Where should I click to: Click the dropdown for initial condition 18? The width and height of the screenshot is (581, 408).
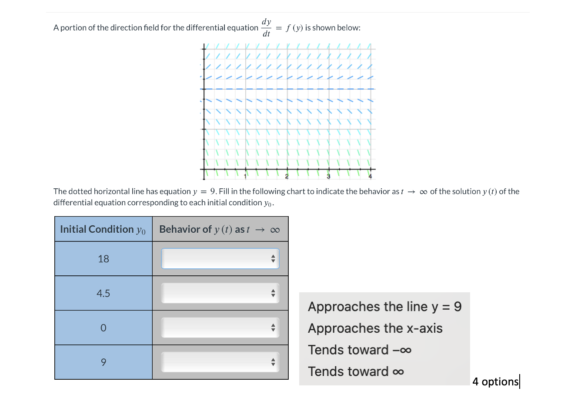coord(220,259)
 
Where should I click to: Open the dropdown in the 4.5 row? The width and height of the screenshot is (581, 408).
coord(220,293)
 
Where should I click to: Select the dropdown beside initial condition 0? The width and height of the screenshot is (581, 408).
coord(220,328)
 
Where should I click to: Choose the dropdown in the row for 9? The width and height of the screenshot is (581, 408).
coord(220,362)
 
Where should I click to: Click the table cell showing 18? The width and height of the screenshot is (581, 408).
coord(104,259)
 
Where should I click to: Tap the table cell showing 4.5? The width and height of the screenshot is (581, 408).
coord(104,293)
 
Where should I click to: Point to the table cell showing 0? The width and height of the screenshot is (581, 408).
coord(104,328)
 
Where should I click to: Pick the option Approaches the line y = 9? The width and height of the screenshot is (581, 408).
coord(384,307)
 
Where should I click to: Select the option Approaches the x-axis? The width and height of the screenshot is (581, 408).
coord(375,328)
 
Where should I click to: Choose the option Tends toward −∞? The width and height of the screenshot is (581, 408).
coord(359,350)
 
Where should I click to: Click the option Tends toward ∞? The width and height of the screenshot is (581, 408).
coord(356,371)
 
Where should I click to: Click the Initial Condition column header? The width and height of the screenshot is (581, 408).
coord(103,229)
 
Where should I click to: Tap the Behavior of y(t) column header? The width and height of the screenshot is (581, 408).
coord(220,229)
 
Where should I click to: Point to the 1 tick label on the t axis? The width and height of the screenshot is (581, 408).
coord(245,176)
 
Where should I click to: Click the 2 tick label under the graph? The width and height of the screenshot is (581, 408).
coord(287,176)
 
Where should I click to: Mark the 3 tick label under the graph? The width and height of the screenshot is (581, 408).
coord(328,176)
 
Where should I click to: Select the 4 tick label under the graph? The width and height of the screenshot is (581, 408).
coord(370,176)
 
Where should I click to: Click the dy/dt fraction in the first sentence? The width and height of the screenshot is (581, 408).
coord(266,27)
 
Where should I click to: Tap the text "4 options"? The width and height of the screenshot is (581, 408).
coord(495,381)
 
